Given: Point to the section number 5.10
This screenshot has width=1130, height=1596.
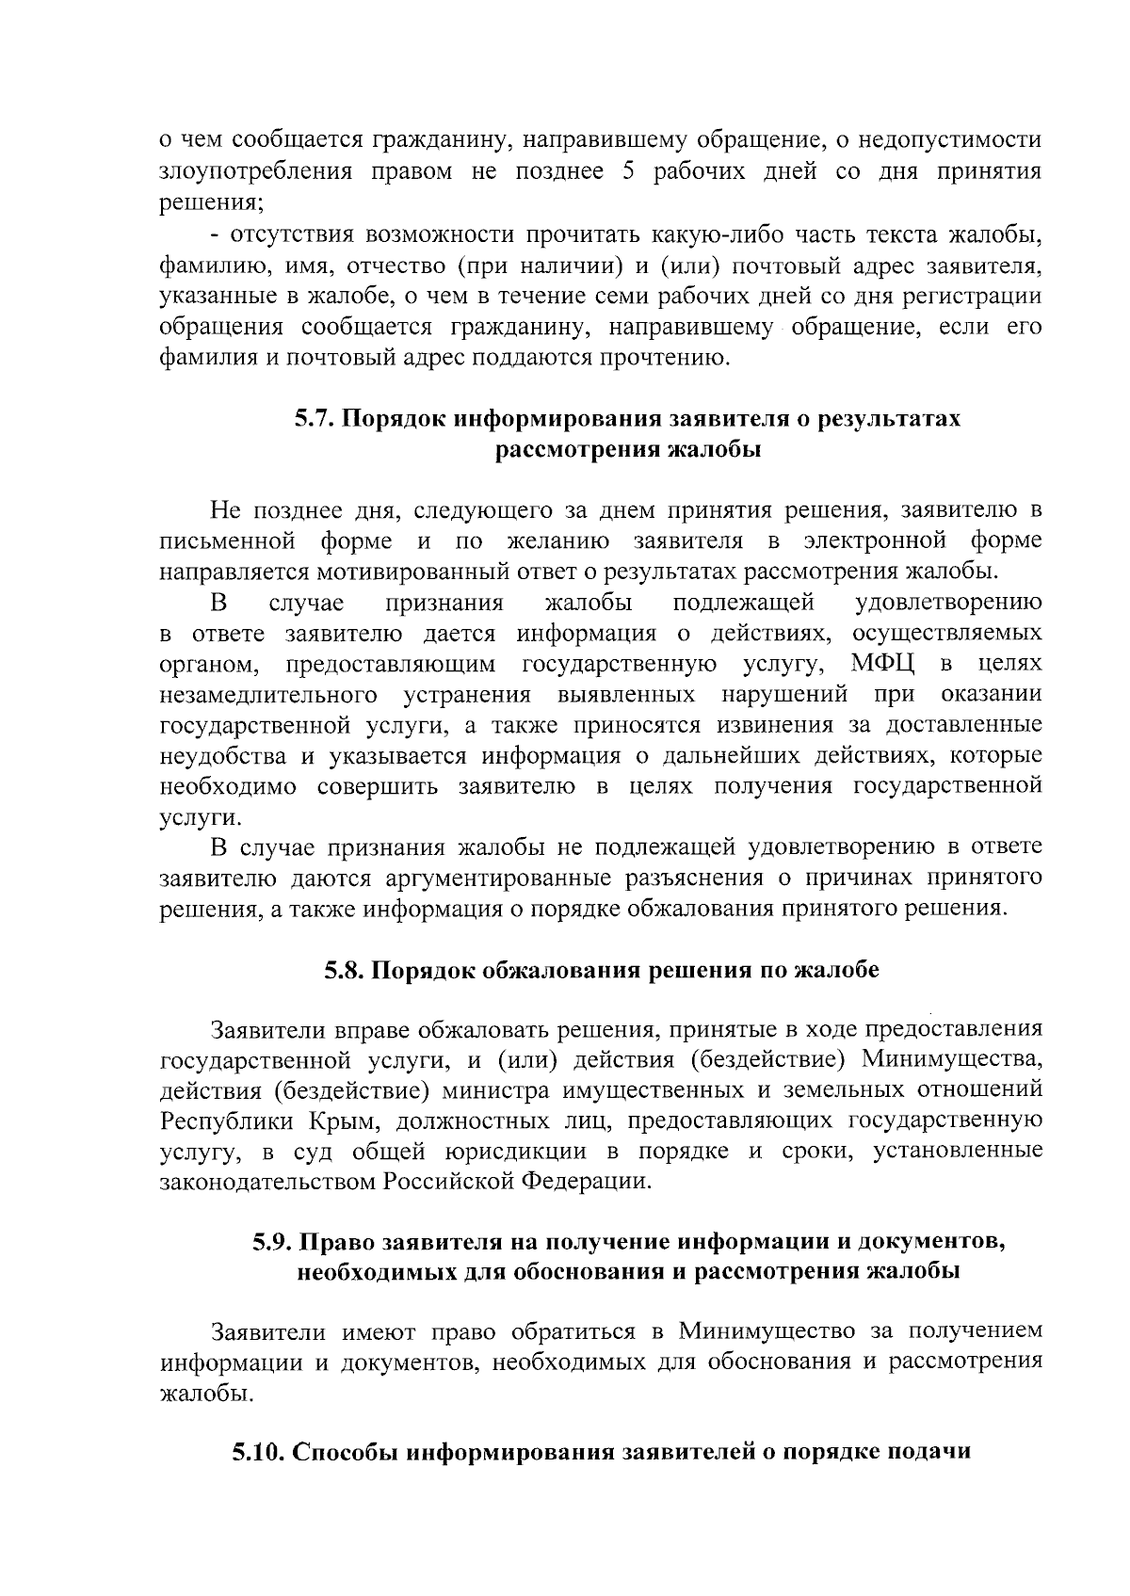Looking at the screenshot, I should [259, 1452].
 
